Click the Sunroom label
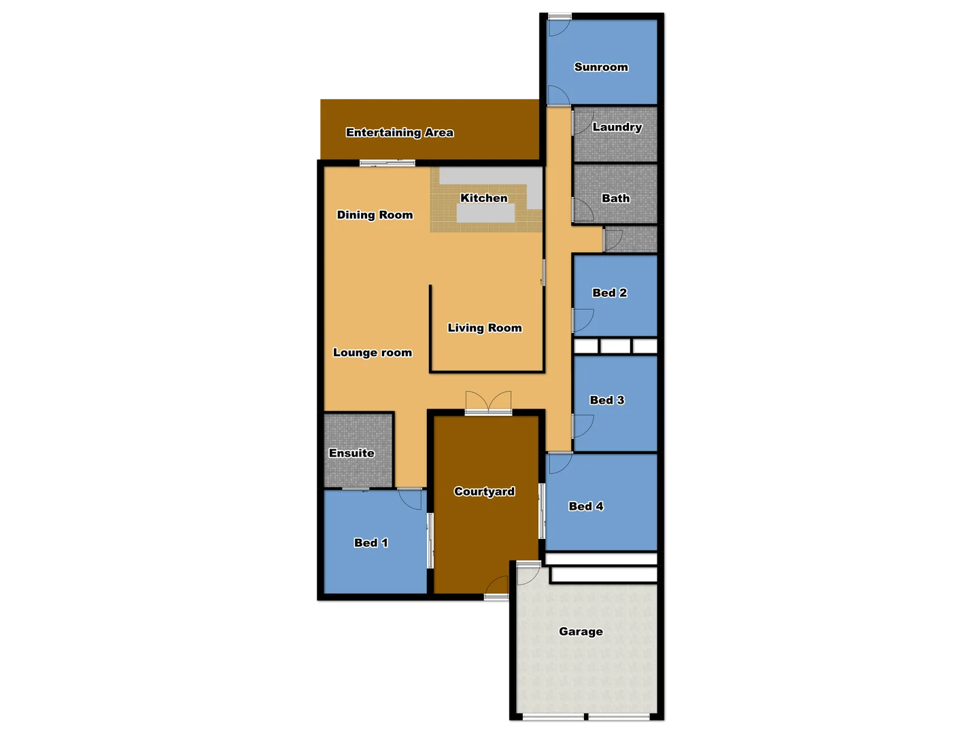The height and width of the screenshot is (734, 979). pos(601,67)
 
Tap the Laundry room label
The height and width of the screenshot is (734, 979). pos(617,127)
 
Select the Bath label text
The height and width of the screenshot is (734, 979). pos(615,198)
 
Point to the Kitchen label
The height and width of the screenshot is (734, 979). pos(483,198)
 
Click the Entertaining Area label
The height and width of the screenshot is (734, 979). pos(399,133)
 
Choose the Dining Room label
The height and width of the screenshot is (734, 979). pos(375,215)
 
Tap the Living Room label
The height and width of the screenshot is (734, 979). pos(484,328)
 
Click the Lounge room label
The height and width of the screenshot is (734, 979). pos(372,353)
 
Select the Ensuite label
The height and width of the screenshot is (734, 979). pos(351,453)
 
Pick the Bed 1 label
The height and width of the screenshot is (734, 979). pos(371,543)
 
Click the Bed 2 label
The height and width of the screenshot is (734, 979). pos(609,293)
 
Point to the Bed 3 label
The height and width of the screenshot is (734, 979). pos(606,400)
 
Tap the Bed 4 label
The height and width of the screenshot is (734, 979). pos(585,506)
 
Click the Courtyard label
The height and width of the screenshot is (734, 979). pos(484,491)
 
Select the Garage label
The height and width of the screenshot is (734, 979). pos(581,631)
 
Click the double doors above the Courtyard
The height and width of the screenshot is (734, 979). pos(488,402)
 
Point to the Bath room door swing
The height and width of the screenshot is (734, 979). pos(583,209)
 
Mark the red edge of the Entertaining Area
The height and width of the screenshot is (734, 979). pos(318,128)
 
